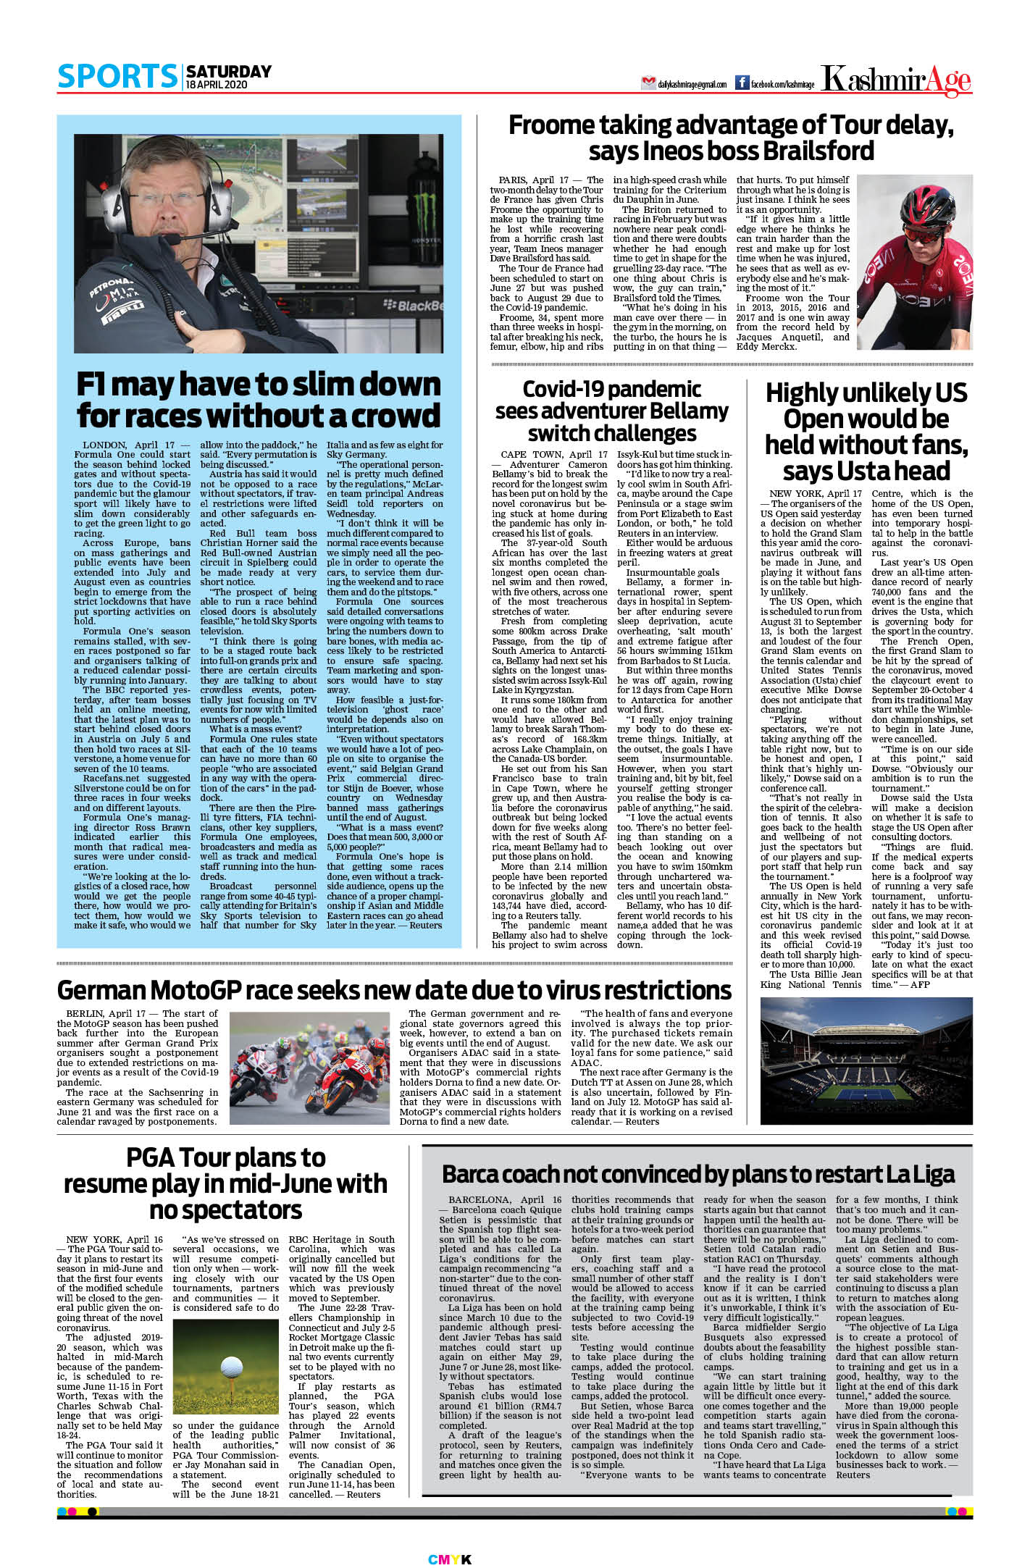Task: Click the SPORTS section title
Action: tap(117, 77)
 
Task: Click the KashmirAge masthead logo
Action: tap(897, 80)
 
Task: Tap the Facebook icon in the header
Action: tap(742, 83)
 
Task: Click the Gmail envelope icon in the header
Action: tap(648, 83)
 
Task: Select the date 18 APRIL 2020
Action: tap(217, 85)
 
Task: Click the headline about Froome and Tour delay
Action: tap(731, 138)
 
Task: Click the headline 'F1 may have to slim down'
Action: tap(259, 400)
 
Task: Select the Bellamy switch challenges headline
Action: tap(611, 411)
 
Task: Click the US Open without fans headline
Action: tap(866, 432)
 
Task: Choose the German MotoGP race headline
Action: tap(394, 990)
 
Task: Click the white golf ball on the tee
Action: tap(231, 1368)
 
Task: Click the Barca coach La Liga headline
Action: tap(698, 1174)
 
